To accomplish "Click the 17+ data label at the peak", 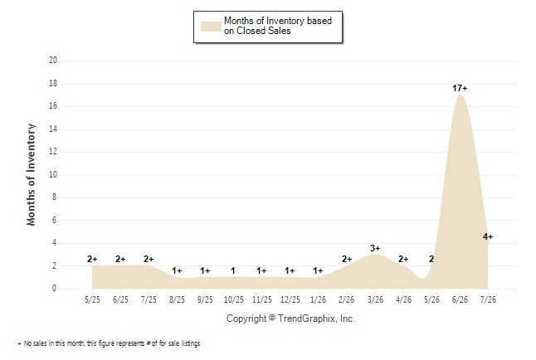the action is pos(460,88).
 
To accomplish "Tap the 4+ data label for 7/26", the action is pos(488,236).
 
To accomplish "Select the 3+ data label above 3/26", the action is pos(375,248).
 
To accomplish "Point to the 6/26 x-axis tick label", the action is pos(460,299).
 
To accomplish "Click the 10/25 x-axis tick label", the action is pos(234,299).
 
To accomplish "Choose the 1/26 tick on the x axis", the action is pos(319,299).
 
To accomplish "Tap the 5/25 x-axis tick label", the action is pos(92,299).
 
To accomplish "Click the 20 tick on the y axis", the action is pos(53,61).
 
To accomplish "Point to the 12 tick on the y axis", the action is pos(53,152).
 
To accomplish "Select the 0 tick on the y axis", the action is pos(55,288).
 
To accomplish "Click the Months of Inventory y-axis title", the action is pos(31,175).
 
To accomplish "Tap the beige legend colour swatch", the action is pos(211,27).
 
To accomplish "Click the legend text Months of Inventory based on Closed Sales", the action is pos(278,26).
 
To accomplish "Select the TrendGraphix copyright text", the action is pos(290,319).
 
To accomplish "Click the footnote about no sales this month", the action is pos(109,343).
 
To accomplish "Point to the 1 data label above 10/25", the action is pos(233,270).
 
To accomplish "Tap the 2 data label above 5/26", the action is pos(431,259).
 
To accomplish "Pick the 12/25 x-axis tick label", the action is pos(290,299).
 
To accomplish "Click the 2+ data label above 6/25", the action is pos(120,259).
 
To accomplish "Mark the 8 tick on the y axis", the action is pos(55,197).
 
